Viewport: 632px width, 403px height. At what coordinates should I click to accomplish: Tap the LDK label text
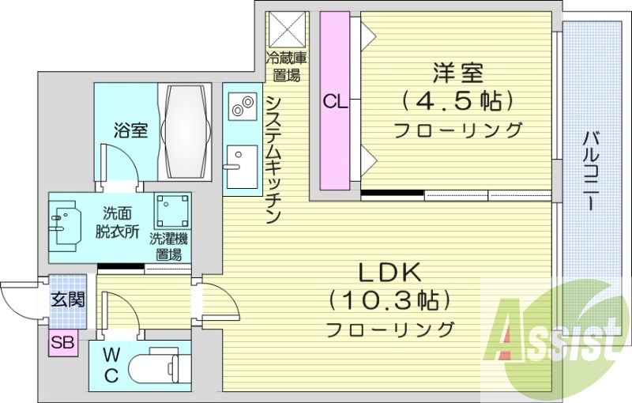pos(391,273)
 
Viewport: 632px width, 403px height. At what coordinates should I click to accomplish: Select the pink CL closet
pos(334,100)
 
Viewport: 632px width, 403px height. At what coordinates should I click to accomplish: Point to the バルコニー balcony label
pos(590,170)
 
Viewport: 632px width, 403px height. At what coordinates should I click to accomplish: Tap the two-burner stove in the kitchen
pos(242,104)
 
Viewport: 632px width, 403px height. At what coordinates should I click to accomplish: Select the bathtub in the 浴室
pos(186,131)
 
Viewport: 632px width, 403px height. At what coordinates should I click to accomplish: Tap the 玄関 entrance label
pos(65,300)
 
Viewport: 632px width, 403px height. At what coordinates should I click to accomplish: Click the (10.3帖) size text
pos(391,301)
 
